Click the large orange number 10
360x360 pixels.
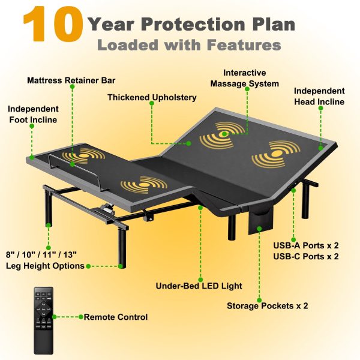point(53,24)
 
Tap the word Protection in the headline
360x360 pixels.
point(192,24)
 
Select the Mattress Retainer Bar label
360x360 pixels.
point(71,80)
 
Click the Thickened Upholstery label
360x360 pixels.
point(152,97)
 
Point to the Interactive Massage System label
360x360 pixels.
point(245,78)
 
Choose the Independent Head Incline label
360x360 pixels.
point(319,96)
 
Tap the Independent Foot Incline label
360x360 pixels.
point(33,115)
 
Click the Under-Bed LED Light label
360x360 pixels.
point(199,286)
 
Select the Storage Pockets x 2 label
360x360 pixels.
point(267,306)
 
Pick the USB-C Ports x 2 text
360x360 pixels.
point(306,256)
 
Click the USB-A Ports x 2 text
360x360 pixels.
point(306,245)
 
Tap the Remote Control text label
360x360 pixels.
point(116,317)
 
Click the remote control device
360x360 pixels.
point(44,321)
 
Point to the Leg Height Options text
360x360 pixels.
point(45,266)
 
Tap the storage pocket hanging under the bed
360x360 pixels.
point(261,221)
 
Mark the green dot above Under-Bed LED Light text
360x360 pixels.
point(200,280)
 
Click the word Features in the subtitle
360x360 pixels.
point(244,45)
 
